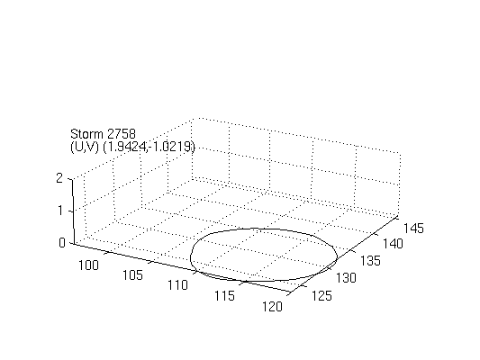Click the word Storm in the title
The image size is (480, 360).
coord(87,134)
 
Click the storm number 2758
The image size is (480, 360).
coord(122,134)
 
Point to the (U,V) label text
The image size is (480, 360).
coord(85,147)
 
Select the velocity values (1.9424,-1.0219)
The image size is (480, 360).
coord(149,147)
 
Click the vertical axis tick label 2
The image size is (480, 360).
coord(59,178)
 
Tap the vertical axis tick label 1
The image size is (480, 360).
coord(60,211)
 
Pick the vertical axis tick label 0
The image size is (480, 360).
coord(62,243)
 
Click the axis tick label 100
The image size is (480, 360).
coord(89,265)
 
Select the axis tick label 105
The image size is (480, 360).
coord(132,275)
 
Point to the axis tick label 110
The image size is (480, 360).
coord(177,285)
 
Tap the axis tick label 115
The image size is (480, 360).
coord(224,296)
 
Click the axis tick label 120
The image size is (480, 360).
coord(272,307)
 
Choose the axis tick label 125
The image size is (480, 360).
coord(322,296)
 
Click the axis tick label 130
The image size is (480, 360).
coord(346,278)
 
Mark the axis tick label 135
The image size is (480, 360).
coord(370,261)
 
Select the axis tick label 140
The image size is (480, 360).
coord(393,244)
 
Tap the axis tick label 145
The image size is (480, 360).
coord(413,229)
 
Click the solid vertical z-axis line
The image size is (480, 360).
coord(73,211)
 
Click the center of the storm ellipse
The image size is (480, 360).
coord(264,255)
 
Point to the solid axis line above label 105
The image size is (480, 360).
coord(181,268)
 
